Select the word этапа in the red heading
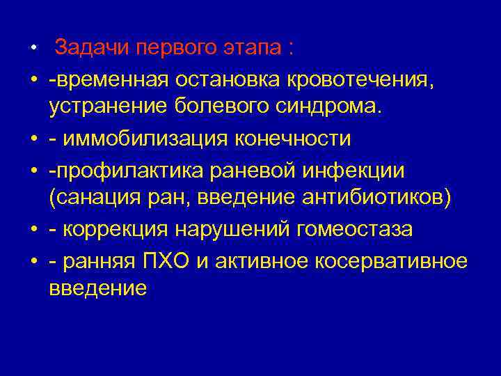tap(257, 49)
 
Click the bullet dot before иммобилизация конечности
tap(33, 139)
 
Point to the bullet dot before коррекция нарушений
tap(33, 228)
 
